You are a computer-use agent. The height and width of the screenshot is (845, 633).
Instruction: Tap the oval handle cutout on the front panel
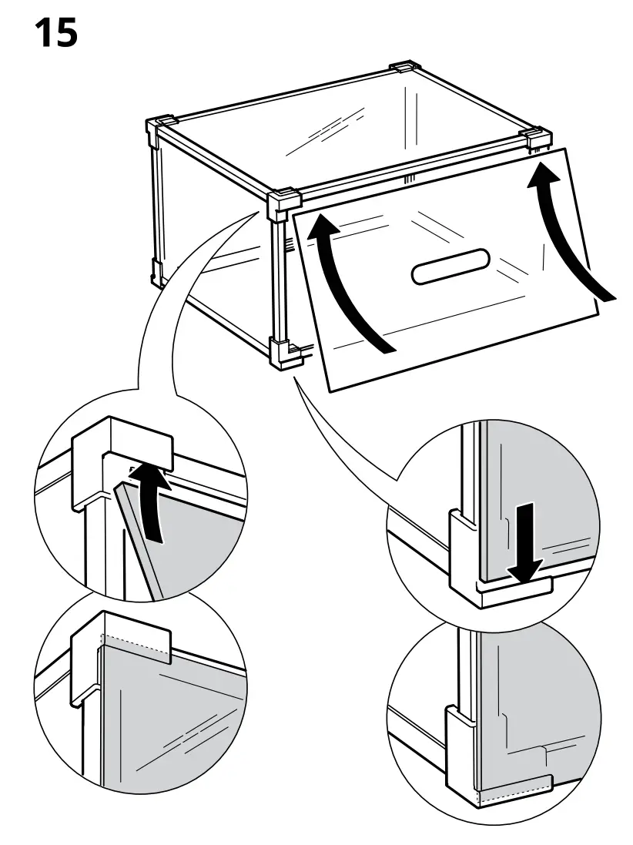point(450,267)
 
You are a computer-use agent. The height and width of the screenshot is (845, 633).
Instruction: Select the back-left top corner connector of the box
point(158,127)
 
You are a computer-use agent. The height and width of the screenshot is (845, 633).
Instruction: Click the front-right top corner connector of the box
point(536,139)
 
